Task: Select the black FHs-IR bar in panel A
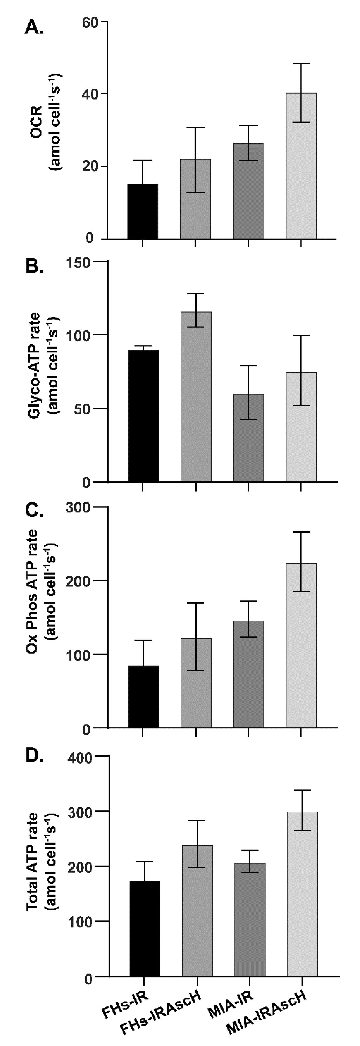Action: pos(143,211)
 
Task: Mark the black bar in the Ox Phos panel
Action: pos(143,696)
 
